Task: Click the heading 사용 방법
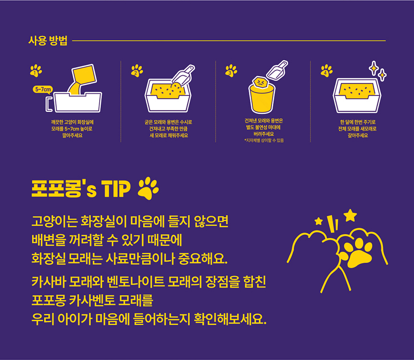48,40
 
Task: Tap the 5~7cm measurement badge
43,89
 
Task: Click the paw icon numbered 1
36,71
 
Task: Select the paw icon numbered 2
136,71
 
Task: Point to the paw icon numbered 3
231,71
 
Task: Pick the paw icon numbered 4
326,71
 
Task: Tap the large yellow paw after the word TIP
148,188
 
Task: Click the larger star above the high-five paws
350,215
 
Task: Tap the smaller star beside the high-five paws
318,221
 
